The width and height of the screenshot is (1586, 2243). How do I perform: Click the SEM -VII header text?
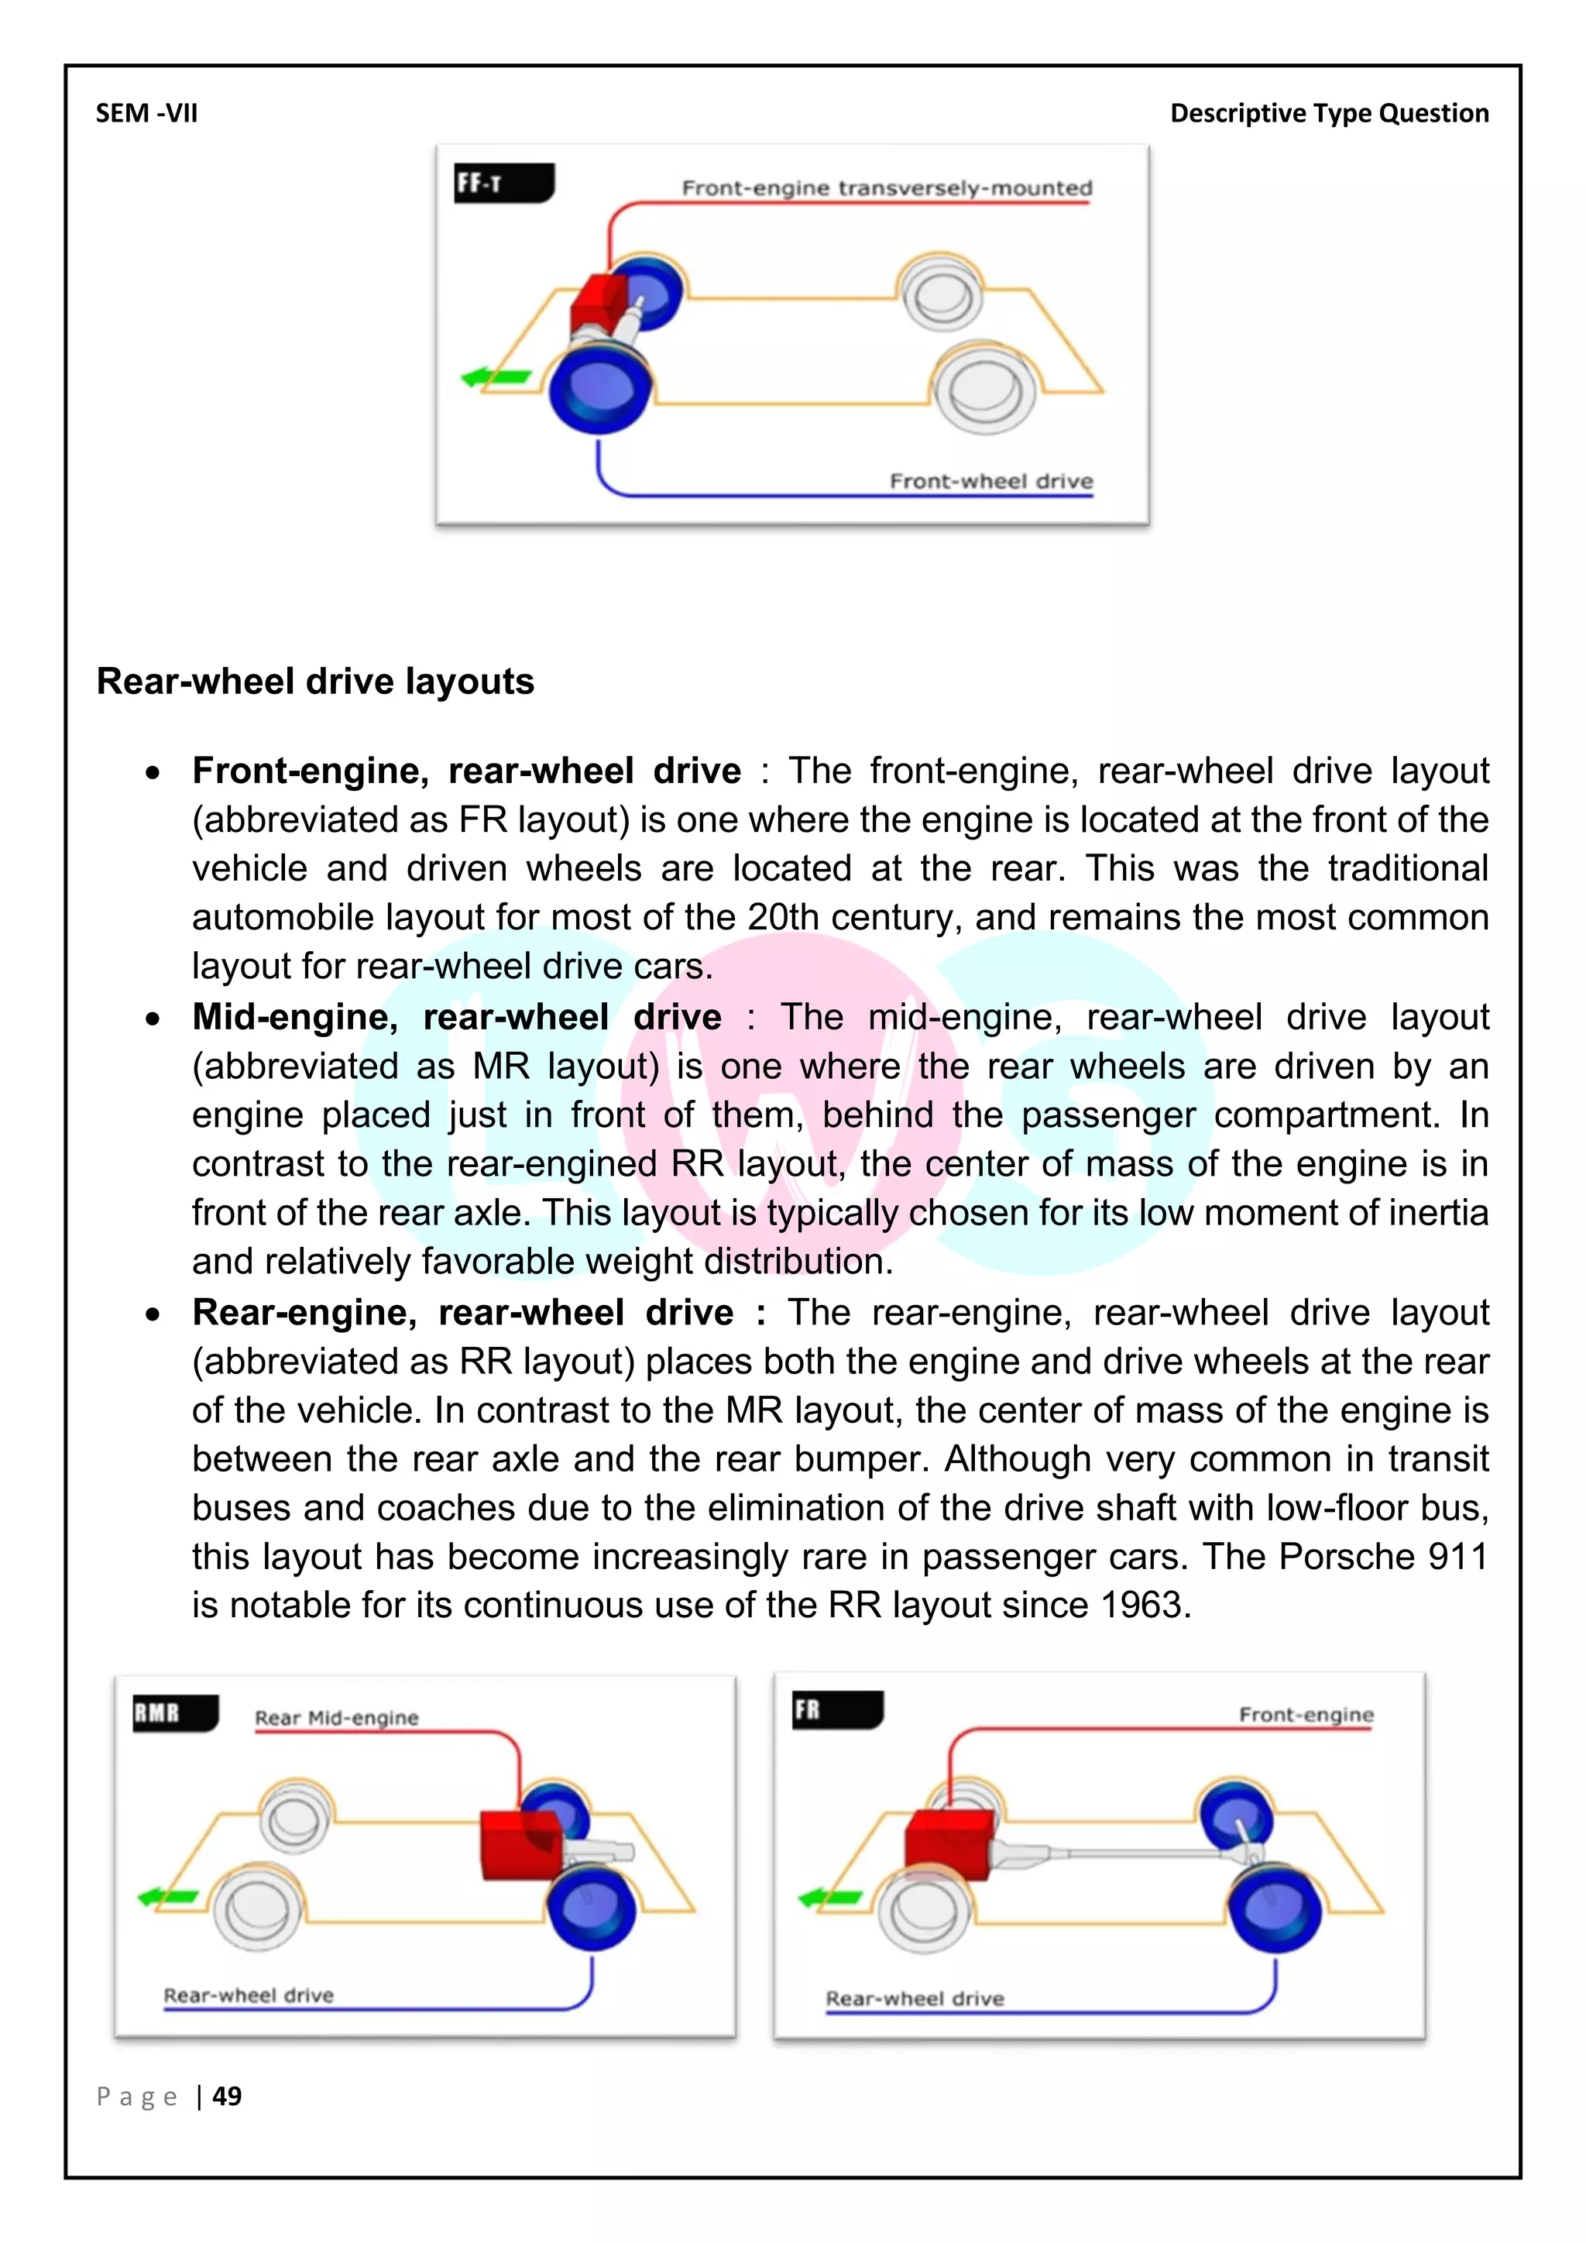pyautogui.click(x=146, y=113)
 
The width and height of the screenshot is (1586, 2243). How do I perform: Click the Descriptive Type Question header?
pyautogui.click(x=1329, y=113)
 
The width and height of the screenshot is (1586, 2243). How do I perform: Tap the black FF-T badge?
pyautogui.click(x=503, y=183)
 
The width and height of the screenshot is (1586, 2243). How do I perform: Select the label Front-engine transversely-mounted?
pyautogui.click(x=886, y=187)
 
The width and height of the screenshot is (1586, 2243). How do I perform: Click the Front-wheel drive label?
pyautogui.click(x=990, y=481)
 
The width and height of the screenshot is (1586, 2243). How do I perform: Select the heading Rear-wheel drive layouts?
pyautogui.click(x=315, y=681)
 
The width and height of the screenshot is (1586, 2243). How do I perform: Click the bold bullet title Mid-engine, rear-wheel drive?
pyautogui.click(x=456, y=1017)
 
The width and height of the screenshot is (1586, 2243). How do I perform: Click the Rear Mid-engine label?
pyautogui.click(x=336, y=1717)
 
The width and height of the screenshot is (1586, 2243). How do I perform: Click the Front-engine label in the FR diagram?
pyautogui.click(x=1306, y=1715)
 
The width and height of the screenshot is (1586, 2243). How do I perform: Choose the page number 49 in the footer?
pyautogui.click(x=227, y=2096)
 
